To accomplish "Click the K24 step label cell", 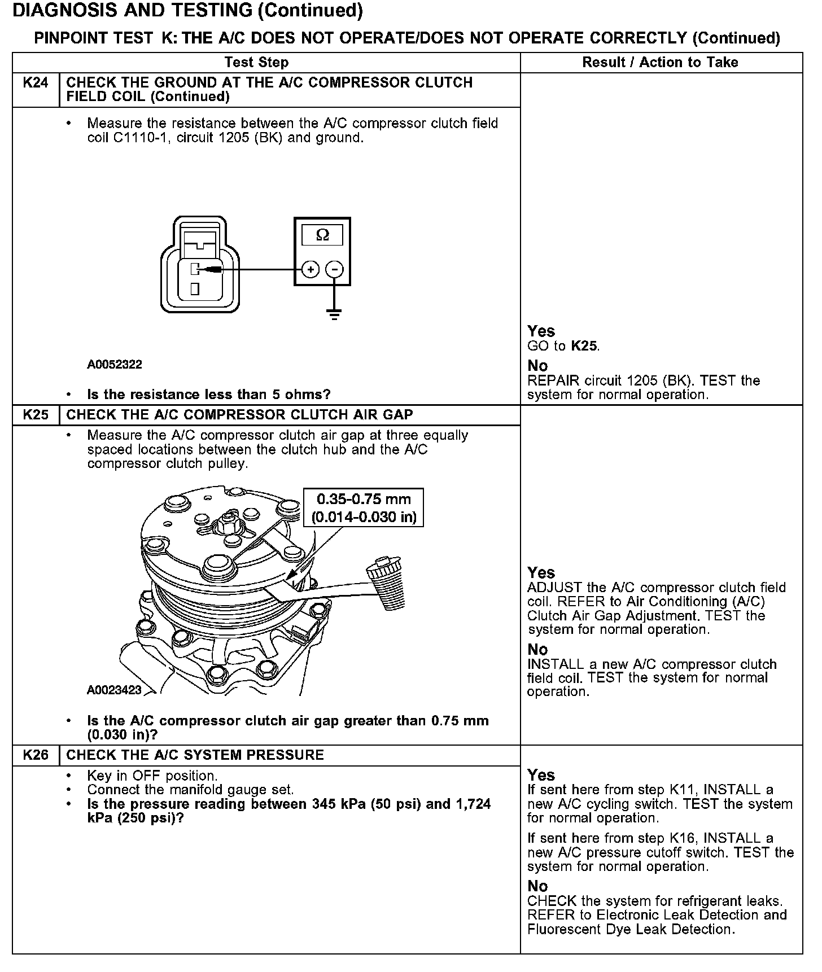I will (x=36, y=83).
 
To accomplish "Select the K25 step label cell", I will (x=36, y=415).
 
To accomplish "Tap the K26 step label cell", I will (x=36, y=755).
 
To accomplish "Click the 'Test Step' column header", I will (x=256, y=62).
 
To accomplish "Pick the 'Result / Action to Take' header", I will (x=660, y=62).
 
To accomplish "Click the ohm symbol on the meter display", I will (x=322, y=235).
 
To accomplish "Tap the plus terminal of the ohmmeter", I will (x=311, y=270).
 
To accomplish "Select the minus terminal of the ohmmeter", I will (x=335, y=270).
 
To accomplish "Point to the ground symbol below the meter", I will (x=335, y=314).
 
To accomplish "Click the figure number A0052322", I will (x=115, y=365).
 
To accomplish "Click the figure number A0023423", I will (x=115, y=690).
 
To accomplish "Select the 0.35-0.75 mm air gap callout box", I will (x=364, y=507).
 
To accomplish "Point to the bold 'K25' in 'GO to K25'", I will (x=584, y=346).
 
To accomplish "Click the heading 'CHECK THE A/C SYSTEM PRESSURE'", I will (x=195, y=755).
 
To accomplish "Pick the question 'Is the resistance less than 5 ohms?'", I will (x=209, y=394).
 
